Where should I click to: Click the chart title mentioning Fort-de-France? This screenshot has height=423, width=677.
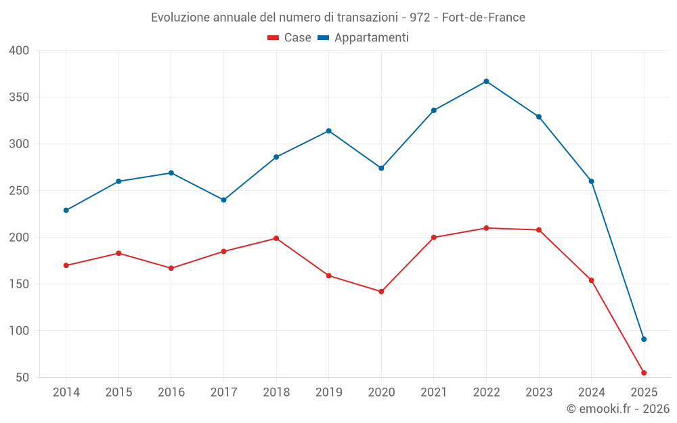click(x=338, y=18)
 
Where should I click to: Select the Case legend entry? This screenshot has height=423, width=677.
click(x=289, y=38)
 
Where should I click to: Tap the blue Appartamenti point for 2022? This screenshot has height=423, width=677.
click(x=486, y=81)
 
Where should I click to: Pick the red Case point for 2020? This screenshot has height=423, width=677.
click(x=381, y=292)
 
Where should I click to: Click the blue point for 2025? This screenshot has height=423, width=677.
click(x=644, y=339)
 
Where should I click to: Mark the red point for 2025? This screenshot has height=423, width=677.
click(x=644, y=373)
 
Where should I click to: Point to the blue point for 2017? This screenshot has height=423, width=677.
click(x=223, y=200)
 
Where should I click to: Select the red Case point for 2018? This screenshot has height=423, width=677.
click(x=276, y=238)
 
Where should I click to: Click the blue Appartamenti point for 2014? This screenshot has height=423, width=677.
click(x=66, y=210)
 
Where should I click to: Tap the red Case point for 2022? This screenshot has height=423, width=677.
click(x=486, y=228)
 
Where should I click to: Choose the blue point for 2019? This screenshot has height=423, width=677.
click(x=328, y=131)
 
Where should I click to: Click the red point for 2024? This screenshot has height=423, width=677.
click(x=591, y=280)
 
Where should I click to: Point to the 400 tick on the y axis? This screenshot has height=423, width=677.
click(x=19, y=51)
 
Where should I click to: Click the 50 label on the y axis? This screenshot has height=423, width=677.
click(x=22, y=378)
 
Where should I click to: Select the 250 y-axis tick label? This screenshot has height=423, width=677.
click(x=19, y=191)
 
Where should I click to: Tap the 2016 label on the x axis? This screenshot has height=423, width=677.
click(x=171, y=393)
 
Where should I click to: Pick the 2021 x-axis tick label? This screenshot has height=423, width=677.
click(x=433, y=393)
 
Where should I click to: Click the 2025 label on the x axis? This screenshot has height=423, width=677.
click(x=644, y=393)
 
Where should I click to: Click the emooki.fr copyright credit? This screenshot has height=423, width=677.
click(x=617, y=409)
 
